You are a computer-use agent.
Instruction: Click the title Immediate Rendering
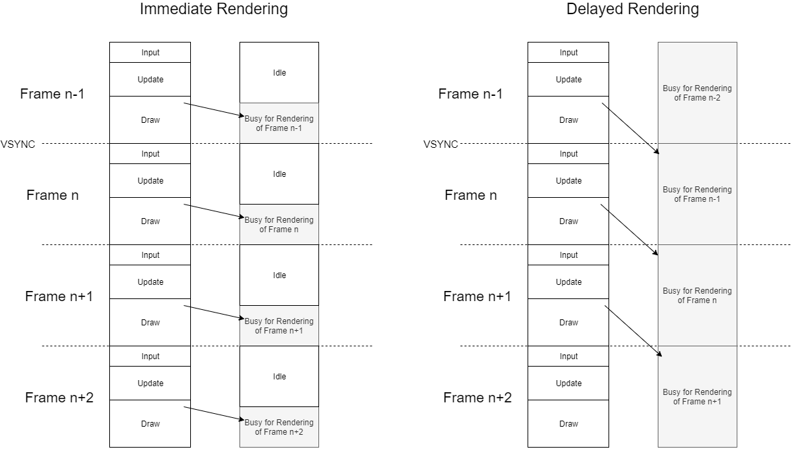[213, 9]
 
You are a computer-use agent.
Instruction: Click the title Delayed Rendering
[632, 9]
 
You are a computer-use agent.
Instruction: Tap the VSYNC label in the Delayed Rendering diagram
[441, 144]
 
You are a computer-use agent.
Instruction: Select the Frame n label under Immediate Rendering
[53, 195]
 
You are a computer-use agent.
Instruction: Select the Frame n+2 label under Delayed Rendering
[477, 398]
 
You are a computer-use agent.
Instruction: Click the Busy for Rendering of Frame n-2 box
[697, 93]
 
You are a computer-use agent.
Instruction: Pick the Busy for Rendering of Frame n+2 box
[279, 427]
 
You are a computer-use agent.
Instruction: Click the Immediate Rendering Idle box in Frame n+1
[279, 275]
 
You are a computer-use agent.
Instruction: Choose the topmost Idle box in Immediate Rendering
[279, 73]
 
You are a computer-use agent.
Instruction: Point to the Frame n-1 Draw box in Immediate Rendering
[150, 120]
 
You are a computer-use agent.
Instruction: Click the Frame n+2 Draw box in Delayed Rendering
[568, 424]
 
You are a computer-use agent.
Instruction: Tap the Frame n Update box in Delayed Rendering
[568, 181]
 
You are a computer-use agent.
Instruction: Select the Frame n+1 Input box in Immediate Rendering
[150, 255]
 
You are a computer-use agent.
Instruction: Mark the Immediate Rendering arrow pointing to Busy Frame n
[213, 211]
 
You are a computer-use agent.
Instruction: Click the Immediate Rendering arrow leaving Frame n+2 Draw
[213, 413]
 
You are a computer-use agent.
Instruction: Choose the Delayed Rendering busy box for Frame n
[697, 296]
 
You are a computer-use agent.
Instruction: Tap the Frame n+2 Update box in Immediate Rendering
[150, 383]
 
